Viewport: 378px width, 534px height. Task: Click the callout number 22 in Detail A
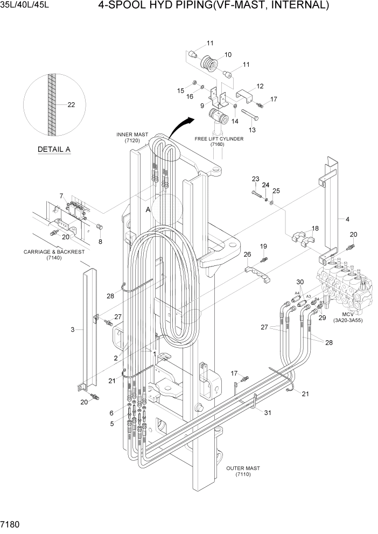click(71, 105)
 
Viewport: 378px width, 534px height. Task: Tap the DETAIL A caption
click(54, 149)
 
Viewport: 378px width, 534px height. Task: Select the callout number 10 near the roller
click(228, 54)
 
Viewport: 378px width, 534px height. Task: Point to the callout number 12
click(260, 86)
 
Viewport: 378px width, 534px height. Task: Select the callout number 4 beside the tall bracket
click(348, 219)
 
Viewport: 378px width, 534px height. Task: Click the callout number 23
click(255, 179)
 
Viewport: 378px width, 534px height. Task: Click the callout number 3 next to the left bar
click(72, 329)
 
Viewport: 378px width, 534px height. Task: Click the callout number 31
click(266, 412)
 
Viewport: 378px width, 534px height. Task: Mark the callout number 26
click(247, 254)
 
